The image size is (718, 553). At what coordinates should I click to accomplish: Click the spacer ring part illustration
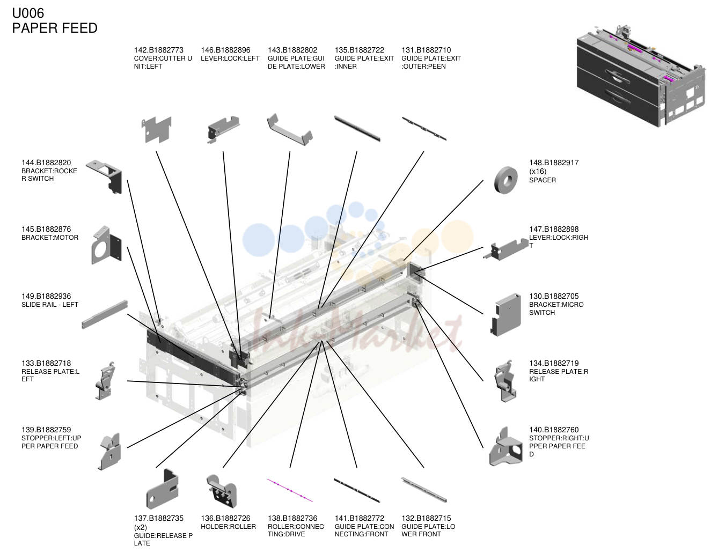click(x=506, y=180)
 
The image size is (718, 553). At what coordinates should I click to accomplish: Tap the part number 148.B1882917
click(x=554, y=163)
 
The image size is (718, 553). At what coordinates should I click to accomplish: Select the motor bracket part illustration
click(x=106, y=245)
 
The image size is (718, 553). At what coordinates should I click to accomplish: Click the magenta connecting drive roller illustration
click(x=290, y=490)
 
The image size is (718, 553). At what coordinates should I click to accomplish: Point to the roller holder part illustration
click(x=222, y=491)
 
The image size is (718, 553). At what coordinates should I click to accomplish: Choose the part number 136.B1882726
click(x=226, y=518)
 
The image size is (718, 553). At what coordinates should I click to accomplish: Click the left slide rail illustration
click(x=105, y=314)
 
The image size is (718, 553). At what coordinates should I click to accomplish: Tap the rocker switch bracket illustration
click(x=104, y=176)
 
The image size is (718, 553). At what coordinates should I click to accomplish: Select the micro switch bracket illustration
click(x=506, y=314)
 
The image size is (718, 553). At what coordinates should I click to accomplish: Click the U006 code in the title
click(x=28, y=13)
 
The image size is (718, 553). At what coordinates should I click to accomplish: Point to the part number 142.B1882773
click(x=159, y=50)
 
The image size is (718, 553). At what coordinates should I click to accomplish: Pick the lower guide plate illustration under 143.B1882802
click(x=290, y=129)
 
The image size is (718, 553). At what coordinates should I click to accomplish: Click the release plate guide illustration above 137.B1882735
click(x=163, y=489)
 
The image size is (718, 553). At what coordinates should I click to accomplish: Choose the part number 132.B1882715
click(x=426, y=518)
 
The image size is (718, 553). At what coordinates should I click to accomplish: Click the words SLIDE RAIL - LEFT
click(x=50, y=305)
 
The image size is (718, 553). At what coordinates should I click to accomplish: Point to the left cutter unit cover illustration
click(x=157, y=129)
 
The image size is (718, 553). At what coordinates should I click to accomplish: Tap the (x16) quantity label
click(x=538, y=171)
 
